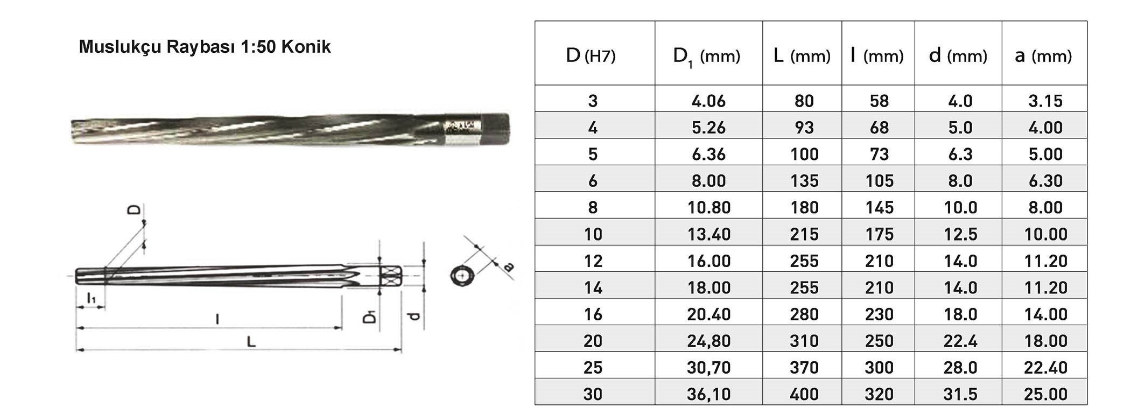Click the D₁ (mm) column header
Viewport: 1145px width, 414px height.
pos(706,56)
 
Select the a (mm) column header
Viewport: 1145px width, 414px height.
pos(1043,55)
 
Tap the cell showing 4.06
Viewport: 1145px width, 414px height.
pos(708,101)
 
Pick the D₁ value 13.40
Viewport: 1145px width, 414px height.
pos(708,234)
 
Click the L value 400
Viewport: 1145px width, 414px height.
pos(804,394)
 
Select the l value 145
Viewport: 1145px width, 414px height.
pos(879,207)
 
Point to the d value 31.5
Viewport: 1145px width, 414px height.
pos(960,394)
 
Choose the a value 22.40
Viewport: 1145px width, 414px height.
pos(1045,367)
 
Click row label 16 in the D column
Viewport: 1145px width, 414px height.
pos(593,314)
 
